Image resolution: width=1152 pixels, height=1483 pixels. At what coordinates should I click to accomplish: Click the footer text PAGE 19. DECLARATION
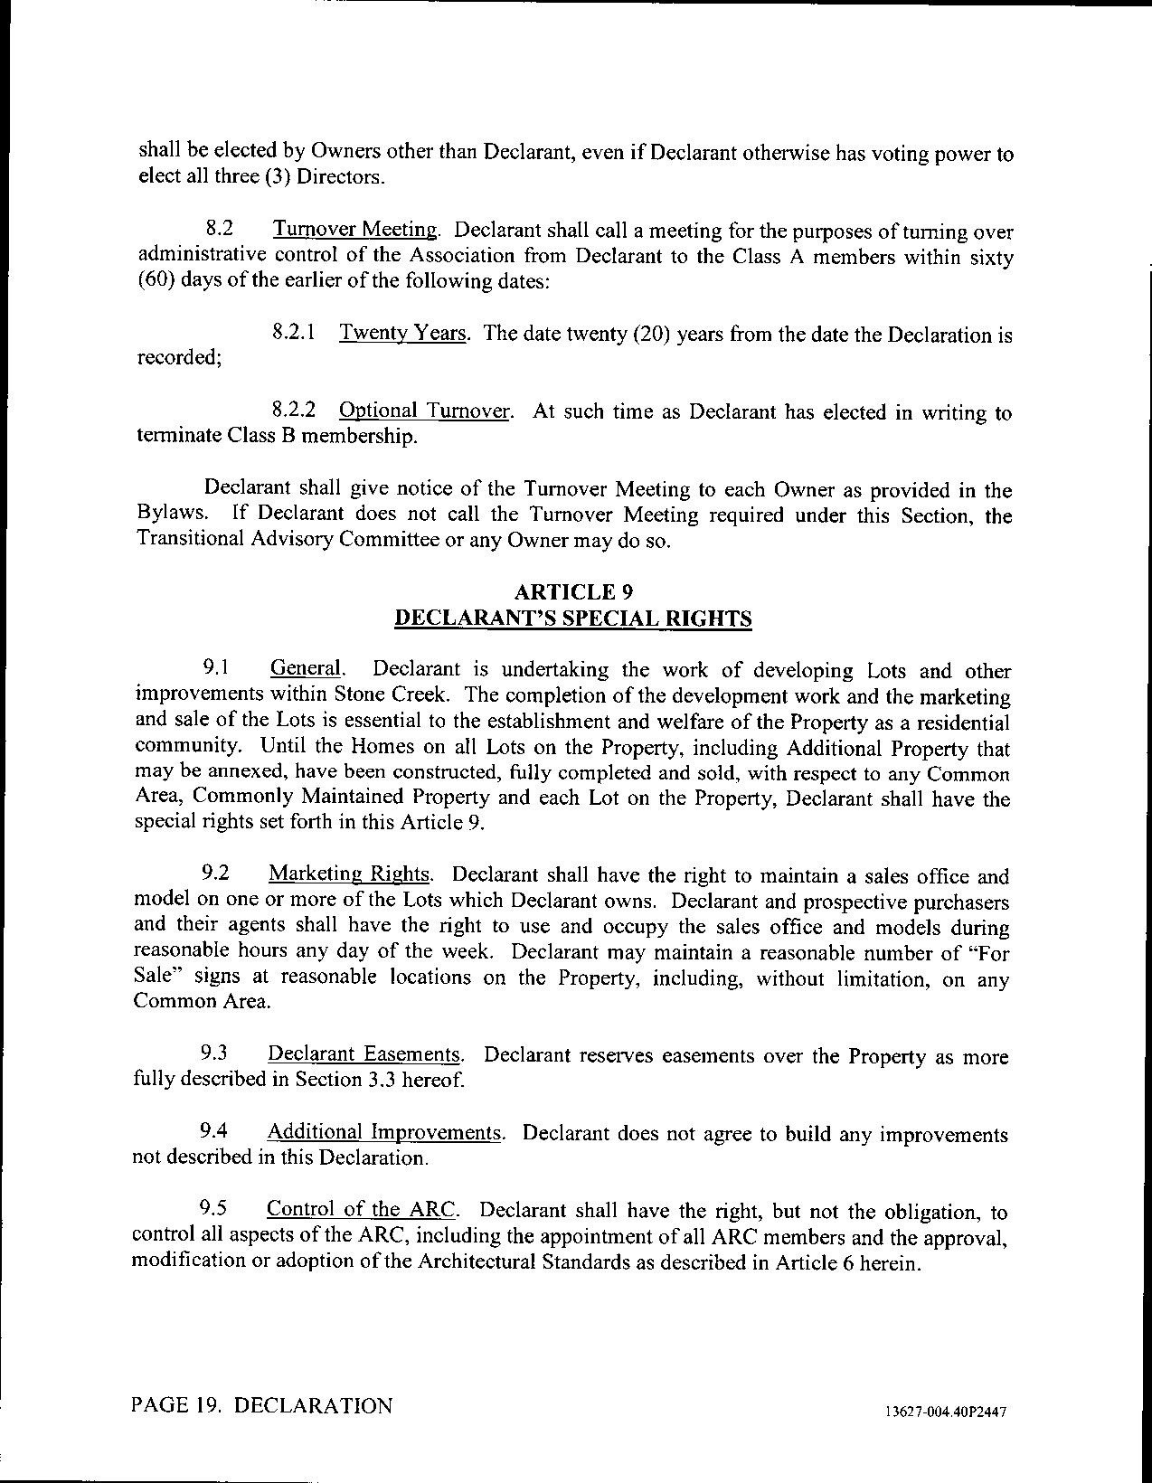[x=262, y=1405]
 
